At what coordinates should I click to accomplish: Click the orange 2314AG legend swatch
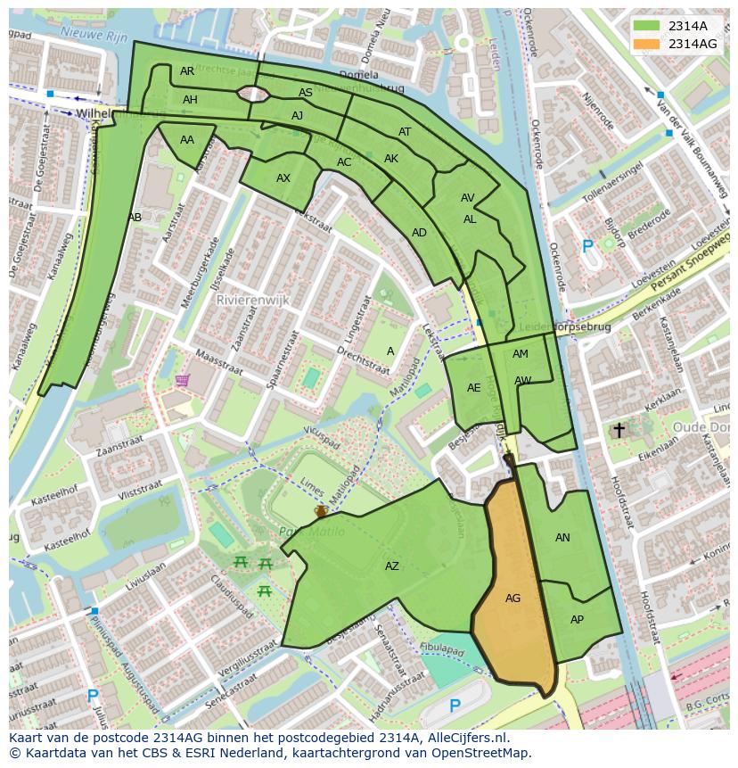(648, 44)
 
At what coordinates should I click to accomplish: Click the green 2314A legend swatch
(648, 26)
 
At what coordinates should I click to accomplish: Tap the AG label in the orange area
(512, 599)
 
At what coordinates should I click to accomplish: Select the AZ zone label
(392, 566)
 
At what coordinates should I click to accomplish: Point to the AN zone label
(562, 538)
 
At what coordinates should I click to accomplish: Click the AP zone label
(577, 620)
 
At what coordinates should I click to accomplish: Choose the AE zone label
(473, 388)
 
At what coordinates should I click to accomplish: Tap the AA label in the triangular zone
(186, 140)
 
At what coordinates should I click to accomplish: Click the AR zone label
(186, 71)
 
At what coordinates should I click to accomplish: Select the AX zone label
(283, 178)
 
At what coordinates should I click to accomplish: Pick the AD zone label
(419, 233)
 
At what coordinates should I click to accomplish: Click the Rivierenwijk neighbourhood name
(252, 301)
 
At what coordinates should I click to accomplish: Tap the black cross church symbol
(619, 431)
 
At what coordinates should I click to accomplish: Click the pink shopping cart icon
(183, 381)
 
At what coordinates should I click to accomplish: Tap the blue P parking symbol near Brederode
(586, 246)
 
